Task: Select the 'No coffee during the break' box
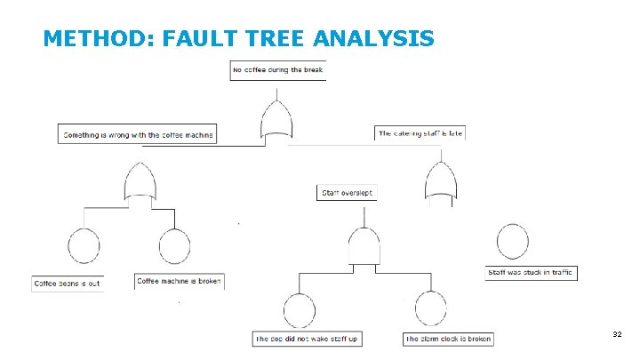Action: tap(278, 70)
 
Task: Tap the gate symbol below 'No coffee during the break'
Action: tap(276, 120)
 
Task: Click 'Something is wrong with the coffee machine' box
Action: tap(138, 135)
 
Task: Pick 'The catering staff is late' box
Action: tap(420, 133)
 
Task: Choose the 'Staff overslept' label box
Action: tap(347, 192)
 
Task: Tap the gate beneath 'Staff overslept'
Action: tap(364, 244)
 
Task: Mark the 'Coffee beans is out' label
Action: tap(68, 284)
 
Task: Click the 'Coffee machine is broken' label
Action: tap(179, 281)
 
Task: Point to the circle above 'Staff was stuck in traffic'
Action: tap(513, 241)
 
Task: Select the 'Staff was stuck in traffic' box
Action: tap(532, 273)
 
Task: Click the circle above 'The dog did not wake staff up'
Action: tap(300, 310)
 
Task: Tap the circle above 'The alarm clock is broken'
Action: tap(431, 310)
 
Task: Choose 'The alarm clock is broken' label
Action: tap(448, 339)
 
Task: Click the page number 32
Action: tap(617, 334)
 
